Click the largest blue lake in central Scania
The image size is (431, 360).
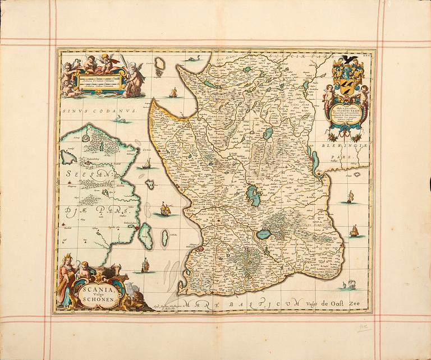(250, 196)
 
